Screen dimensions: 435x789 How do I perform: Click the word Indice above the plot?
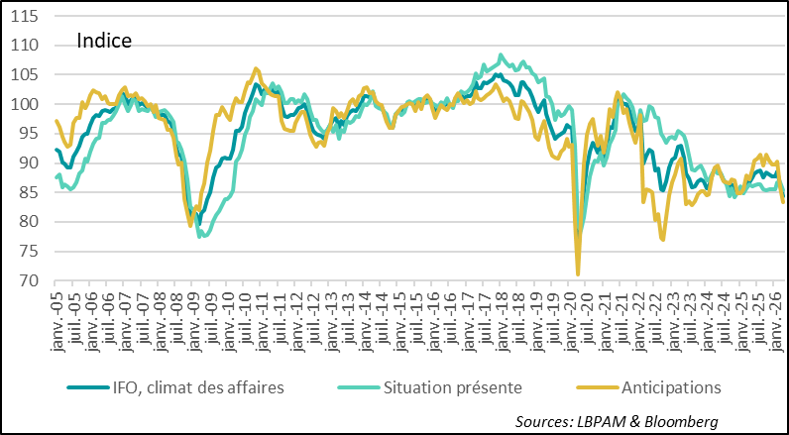tap(104, 42)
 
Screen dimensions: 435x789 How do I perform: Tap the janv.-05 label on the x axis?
tap(57, 315)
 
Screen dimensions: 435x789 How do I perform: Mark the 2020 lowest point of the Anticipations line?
tap(578, 274)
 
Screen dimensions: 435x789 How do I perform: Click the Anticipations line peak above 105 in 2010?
tap(256, 69)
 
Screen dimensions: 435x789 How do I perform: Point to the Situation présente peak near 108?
tap(501, 55)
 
